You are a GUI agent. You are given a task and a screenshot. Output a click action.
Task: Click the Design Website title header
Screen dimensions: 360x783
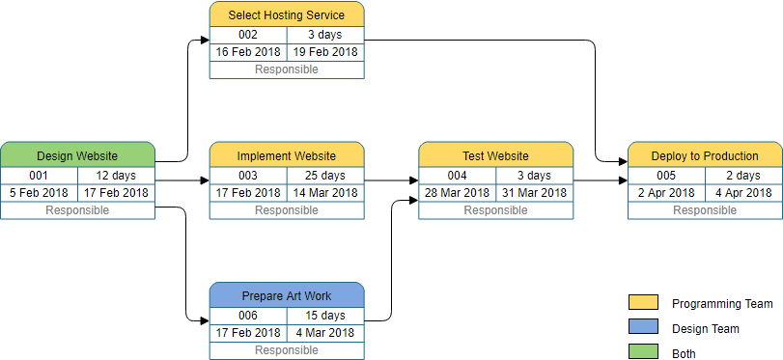point(77,155)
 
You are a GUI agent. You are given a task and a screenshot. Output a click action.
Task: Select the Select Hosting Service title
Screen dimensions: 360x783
point(287,14)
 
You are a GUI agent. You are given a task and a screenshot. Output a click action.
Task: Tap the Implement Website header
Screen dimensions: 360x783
point(287,155)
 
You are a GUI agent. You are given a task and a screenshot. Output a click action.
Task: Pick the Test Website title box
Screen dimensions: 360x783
point(495,155)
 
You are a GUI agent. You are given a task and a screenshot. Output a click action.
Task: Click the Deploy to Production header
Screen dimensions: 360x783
point(705,155)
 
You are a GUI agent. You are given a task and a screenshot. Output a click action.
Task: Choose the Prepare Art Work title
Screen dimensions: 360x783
point(287,296)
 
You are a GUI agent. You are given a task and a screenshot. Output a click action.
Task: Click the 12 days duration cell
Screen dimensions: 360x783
point(116,176)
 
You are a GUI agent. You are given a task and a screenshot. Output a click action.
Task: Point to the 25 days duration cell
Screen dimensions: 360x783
point(325,176)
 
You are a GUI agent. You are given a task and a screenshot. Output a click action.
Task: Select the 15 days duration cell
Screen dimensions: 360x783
point(325,316)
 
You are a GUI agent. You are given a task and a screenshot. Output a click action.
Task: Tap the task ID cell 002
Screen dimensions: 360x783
point(248,35)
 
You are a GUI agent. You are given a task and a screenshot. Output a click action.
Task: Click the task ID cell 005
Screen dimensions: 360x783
point(666,176)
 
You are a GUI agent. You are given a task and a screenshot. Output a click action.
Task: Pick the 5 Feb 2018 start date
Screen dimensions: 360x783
point(39,192)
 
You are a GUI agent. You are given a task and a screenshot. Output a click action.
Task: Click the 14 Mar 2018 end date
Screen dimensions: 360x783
point(325,192)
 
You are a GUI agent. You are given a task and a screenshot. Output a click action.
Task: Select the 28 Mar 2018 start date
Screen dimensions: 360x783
point(457,192)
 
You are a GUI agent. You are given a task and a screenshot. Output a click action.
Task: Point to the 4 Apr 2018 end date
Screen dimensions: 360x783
point(743,192)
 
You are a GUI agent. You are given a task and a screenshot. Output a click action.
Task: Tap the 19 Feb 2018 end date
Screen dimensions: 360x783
point(325,52)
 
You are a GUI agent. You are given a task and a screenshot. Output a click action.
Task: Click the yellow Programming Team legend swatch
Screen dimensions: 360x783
point(642,303)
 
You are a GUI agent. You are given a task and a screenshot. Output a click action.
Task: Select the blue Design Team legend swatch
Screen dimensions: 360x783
point(642,328)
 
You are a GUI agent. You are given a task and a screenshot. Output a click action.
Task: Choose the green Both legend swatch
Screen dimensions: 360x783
point(642,353)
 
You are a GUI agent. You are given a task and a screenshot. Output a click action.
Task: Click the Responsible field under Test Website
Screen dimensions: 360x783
point(495,210)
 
